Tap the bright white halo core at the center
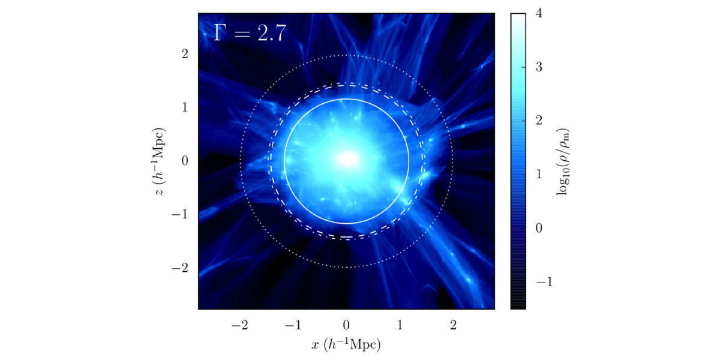click(x=347, y=159)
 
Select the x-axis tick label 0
click(x=346, y=325)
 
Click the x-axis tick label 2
click(x=453, y=325)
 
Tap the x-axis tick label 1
click(x=400, y=325)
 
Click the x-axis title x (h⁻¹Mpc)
click(x=346, y=344)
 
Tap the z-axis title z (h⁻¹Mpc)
click(x=158, y=161)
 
